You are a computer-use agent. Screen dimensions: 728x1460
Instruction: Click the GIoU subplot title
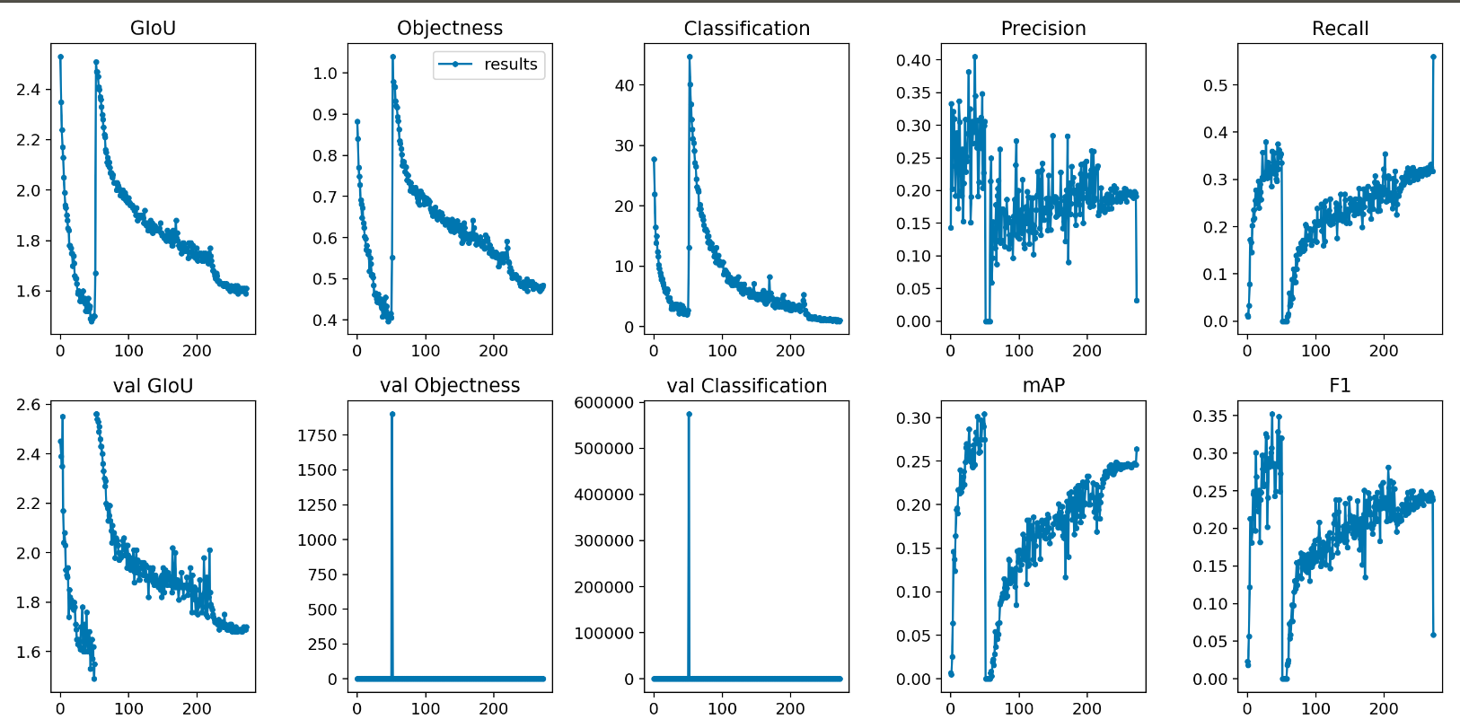(153, 28)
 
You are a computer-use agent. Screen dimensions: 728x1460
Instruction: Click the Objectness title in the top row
(450, 28)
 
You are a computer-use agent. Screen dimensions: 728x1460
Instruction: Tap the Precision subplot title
(1043, 29)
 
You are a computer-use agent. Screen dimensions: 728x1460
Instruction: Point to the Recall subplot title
(1340, 29)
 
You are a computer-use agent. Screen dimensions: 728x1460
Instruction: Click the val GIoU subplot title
(153, 386)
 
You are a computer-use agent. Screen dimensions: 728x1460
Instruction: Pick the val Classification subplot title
(746, 386)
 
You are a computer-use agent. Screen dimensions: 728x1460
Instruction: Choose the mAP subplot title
(1043, 386)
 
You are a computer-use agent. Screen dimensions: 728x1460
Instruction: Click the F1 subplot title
(1340, 386)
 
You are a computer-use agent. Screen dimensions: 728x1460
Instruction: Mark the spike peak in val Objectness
(392, 414)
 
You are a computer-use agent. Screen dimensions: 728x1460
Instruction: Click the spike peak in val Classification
(689, 414)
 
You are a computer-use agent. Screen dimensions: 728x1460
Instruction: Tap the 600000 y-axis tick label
(604, 403)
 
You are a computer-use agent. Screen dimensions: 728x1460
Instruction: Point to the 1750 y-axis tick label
(317, 435)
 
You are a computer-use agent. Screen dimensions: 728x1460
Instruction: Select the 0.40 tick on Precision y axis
(913, 60)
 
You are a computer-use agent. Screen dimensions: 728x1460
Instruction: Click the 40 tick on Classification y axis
(624, 85)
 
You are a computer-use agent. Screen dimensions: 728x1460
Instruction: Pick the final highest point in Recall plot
(1433, 57)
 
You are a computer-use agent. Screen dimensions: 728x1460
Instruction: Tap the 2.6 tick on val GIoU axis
(29, 405)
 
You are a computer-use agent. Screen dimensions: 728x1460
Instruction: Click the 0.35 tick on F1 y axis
(1209, 416)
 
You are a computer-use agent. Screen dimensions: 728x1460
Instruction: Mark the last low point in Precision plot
(1137, 301)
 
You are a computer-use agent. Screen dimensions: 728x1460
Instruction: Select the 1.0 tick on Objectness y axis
(325, 74)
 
